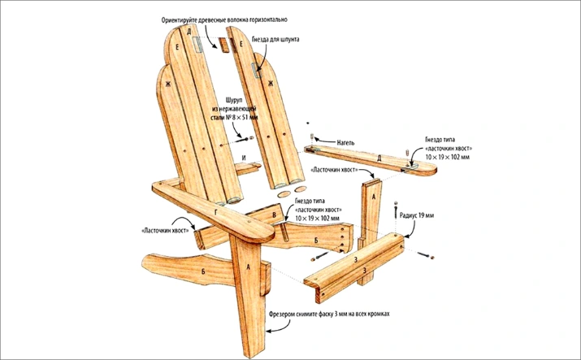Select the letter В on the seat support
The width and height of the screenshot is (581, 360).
[x=275, y=215]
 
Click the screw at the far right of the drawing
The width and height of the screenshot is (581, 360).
[x=430, y=258]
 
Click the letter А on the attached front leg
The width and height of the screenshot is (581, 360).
[x=247, y=263]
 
